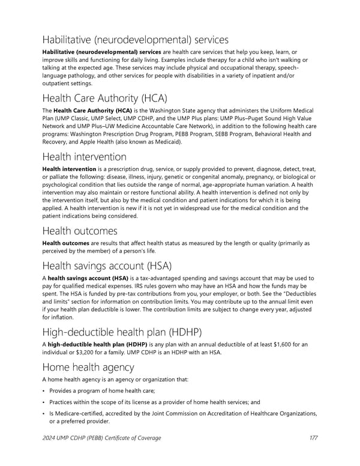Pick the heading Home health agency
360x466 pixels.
coord(88,367)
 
